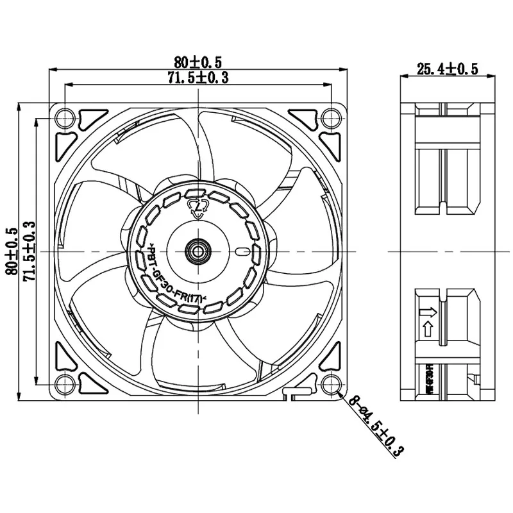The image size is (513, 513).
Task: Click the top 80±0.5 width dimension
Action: click(198, 62)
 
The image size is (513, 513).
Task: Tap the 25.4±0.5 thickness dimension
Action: click(448, 69)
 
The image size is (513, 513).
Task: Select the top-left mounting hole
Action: click(64, 118)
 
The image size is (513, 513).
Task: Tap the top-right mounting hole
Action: click(331, 118)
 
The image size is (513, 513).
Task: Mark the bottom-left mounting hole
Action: click(64, 385)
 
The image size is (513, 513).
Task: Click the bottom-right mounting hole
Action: click(331, 385)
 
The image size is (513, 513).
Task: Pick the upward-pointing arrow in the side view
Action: click(428, 331)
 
